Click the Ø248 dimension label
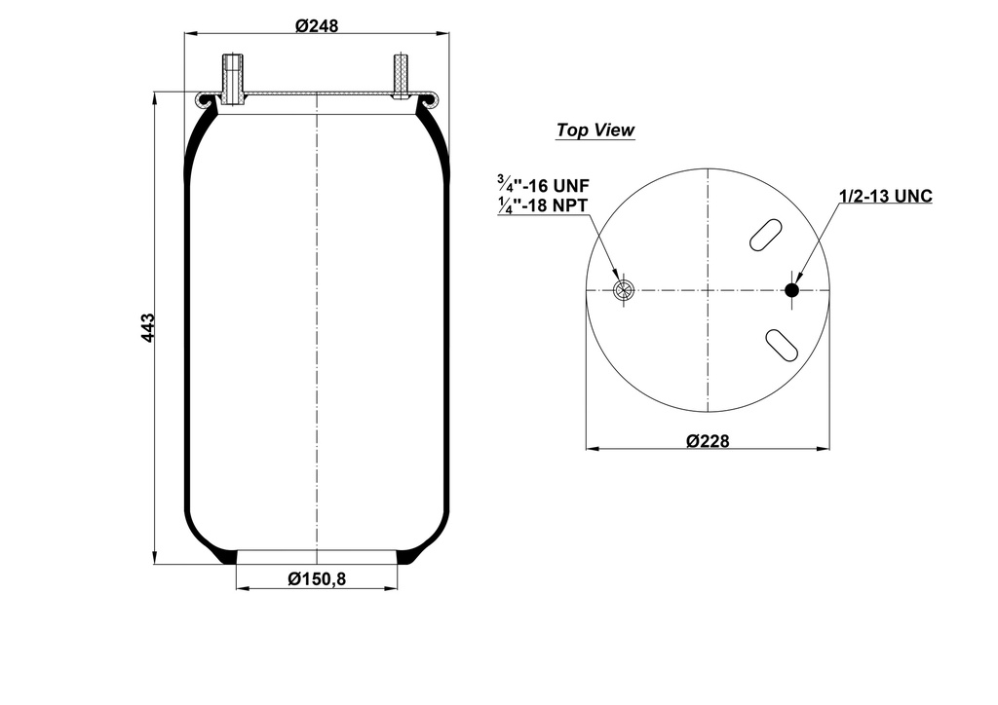317,26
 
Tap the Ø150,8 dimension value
317,579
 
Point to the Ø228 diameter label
708,441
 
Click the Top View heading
595,130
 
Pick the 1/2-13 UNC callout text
885,197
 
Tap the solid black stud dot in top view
791,290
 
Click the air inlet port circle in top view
624,290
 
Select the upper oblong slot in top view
765,235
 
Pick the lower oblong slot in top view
781,343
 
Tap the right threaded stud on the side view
401,76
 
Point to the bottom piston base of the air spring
317,557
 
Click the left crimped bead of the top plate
205,98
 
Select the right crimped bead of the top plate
429,98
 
